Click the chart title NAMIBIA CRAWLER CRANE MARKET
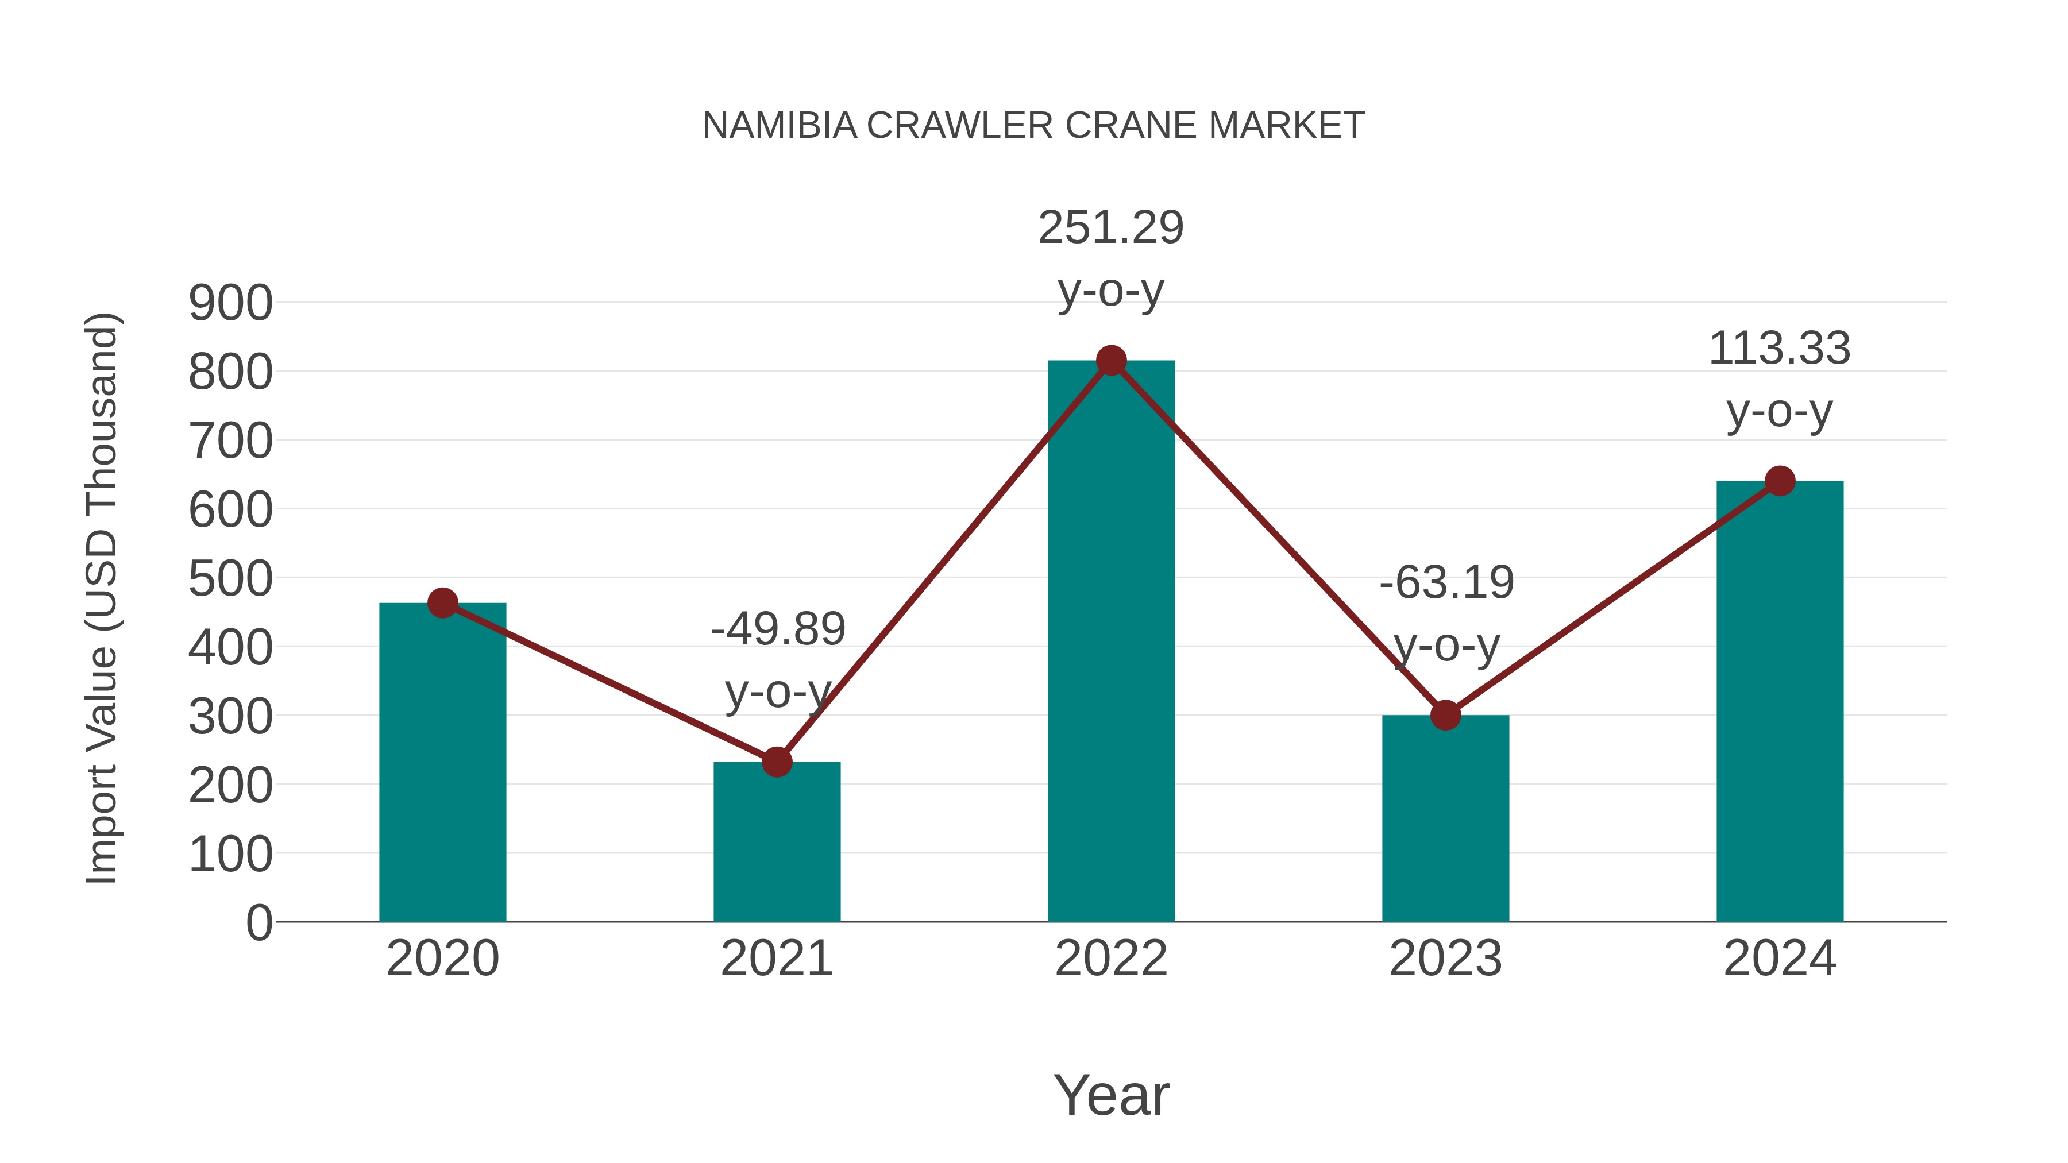tap(1033, 126)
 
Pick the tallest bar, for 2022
tap(1111, 642)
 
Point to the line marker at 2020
tap(442, 603)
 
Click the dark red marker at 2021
tap(776, 762)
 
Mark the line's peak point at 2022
tap(1111, 361)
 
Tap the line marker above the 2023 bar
tap(1445, 715)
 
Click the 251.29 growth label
tap(1111, 228)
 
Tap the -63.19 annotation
tap(1446, 583)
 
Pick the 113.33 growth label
tap(1780, 349)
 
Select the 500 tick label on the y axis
tap(230, 579)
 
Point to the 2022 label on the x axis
tap(1111, 959)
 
